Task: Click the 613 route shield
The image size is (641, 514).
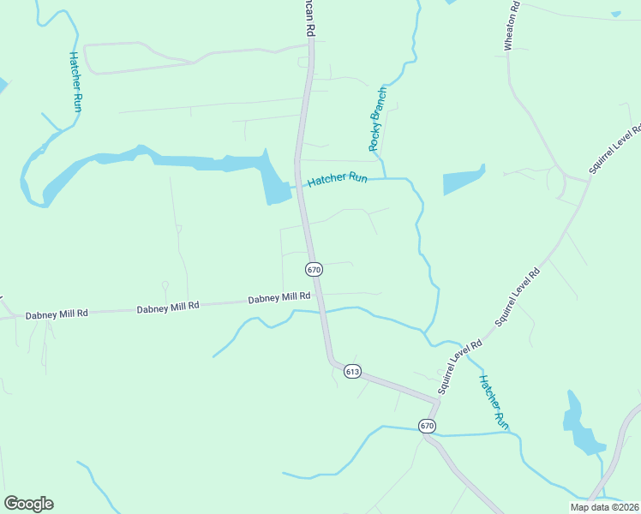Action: tap(353, 371)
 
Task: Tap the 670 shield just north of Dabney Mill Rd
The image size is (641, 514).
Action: tap(314, 269)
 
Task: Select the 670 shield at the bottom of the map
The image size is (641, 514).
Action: tap(427, 426)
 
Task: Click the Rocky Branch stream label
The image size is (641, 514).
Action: tap(378, 119)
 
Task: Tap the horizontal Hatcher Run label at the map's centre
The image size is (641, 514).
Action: tap(337, 179)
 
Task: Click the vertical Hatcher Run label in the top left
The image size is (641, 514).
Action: tap(75, 82)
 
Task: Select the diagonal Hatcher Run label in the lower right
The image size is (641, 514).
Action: tap(494, 402)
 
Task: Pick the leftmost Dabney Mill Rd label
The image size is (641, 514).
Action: tap(57, 314)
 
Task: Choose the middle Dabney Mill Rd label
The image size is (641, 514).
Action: tap(168, 306)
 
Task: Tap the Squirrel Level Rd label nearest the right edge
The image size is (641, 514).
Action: tap(614, 149)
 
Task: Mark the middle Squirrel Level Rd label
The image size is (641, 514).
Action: tap(517, 298)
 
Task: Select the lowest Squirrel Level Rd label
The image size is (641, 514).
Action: tap(460, 367)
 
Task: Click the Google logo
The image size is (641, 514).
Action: tap(28, 504)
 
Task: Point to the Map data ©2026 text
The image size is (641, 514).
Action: tap(604, 507)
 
